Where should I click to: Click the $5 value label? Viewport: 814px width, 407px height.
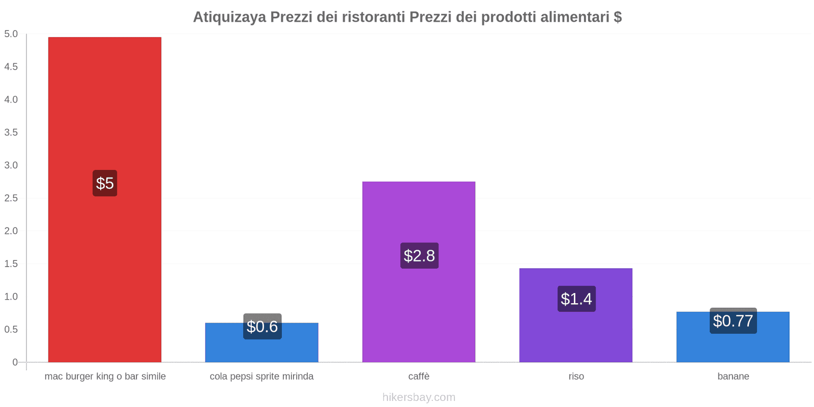[105, 183]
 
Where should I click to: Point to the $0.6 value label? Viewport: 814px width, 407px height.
[262, 327]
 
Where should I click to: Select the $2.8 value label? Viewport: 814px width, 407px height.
[419, 255]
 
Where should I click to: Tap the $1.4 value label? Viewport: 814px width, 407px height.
[576, 299]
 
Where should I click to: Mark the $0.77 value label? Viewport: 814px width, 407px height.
[733, 321]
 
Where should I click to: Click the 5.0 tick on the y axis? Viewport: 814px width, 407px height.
[11, 34]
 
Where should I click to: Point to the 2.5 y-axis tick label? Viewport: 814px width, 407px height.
[11, 198]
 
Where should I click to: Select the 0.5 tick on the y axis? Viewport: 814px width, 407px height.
[11, 329]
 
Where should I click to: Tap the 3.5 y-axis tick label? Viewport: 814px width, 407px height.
[11, 132]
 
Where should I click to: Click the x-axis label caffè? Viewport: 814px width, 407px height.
[419, 376]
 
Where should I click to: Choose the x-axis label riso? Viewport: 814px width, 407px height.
[576, 376]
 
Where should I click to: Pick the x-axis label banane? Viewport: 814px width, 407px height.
[733, 376]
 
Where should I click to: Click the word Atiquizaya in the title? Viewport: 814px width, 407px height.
[229, 17]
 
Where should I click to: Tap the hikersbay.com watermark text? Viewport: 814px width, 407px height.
[419, 397]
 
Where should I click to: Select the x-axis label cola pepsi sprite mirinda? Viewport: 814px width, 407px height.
[261, 376]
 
